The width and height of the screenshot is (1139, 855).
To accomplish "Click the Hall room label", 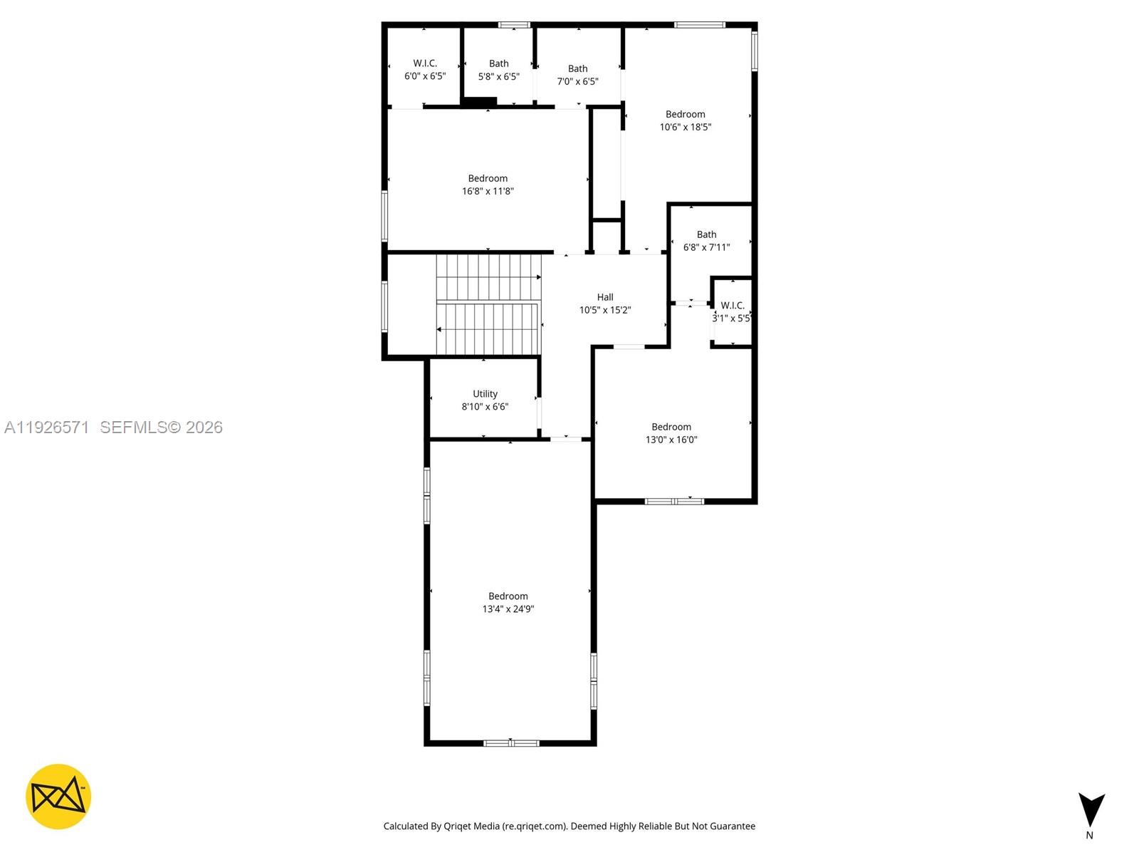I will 605,297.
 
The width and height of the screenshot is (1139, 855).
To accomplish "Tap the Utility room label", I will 485,394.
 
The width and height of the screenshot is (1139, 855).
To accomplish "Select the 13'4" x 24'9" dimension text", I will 508,609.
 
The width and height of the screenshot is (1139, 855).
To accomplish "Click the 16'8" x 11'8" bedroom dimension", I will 488,191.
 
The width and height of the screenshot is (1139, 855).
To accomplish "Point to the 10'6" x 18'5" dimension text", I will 686,127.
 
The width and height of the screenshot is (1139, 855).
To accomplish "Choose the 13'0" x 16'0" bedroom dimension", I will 671,440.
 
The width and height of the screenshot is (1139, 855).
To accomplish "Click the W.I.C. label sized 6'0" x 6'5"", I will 425,63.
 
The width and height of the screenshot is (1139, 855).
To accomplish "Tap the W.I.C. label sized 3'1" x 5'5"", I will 733,306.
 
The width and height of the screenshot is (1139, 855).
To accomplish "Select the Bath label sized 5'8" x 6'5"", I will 499,63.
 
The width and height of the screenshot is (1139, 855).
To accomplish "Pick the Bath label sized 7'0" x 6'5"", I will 578,68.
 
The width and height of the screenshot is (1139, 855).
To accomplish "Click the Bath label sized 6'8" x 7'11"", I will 707,234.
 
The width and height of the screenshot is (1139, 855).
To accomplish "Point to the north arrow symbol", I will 1091,809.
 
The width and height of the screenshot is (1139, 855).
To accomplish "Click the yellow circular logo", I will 58,797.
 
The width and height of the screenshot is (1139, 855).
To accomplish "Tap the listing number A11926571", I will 47,427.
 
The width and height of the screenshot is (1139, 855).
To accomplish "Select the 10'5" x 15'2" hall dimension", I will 605,310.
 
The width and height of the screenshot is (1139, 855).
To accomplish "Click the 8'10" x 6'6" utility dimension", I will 485,407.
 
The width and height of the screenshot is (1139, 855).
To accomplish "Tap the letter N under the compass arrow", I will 1089,835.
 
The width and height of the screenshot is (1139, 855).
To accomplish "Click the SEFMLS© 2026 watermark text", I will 162,427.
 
